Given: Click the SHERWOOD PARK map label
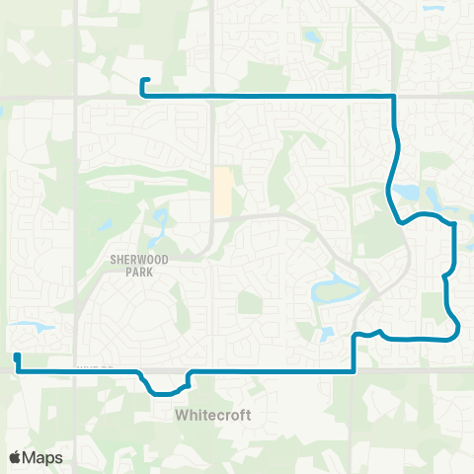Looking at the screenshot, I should pyautogui.click(x=133, y=262).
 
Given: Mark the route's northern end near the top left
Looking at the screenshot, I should pyautogui.click(x=144, y=80).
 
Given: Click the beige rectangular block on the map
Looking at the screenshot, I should pyautogui.click(x=224, y=192).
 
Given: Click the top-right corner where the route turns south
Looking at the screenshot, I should pyautogui.click(x=395, y=97).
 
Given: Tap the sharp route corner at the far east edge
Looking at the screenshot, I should pyautogui.click(x=455, y=224).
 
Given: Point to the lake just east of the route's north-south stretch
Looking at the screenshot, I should pyautogui.click(x=407, y=192).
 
